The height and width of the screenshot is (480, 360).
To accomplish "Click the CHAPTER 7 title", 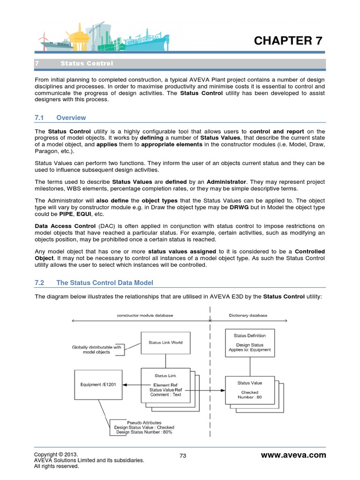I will (x=288, y=41).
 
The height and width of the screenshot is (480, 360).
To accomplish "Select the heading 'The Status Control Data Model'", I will (x=105, y=283).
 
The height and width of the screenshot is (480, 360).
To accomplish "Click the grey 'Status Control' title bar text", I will (x=87, y=64).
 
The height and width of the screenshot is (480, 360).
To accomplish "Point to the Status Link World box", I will (x=165, y=343).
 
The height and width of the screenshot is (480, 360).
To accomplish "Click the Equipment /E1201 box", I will (x=98, y=385).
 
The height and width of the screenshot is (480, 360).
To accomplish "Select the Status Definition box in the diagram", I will (x=249, y=343).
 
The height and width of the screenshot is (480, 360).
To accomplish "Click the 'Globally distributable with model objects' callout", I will (x=97, y=350).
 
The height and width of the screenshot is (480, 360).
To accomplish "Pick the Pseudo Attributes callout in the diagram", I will (x=143, y=427).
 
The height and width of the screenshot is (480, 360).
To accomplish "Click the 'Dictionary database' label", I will (x=248, y=315).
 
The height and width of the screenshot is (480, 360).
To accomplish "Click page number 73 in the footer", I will (x=183, y=456).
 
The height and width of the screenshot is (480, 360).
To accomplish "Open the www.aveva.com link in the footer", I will (x=293, y=455).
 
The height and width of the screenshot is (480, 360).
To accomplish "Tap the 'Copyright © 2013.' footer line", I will (x=56, y=455).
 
